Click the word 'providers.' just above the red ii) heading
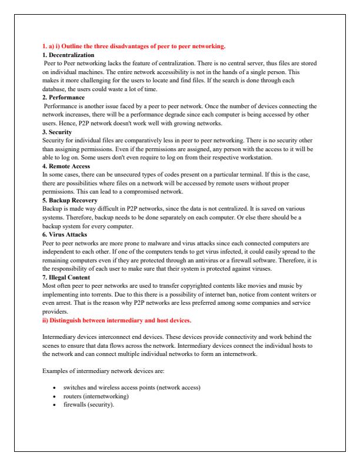click(55, 312)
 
